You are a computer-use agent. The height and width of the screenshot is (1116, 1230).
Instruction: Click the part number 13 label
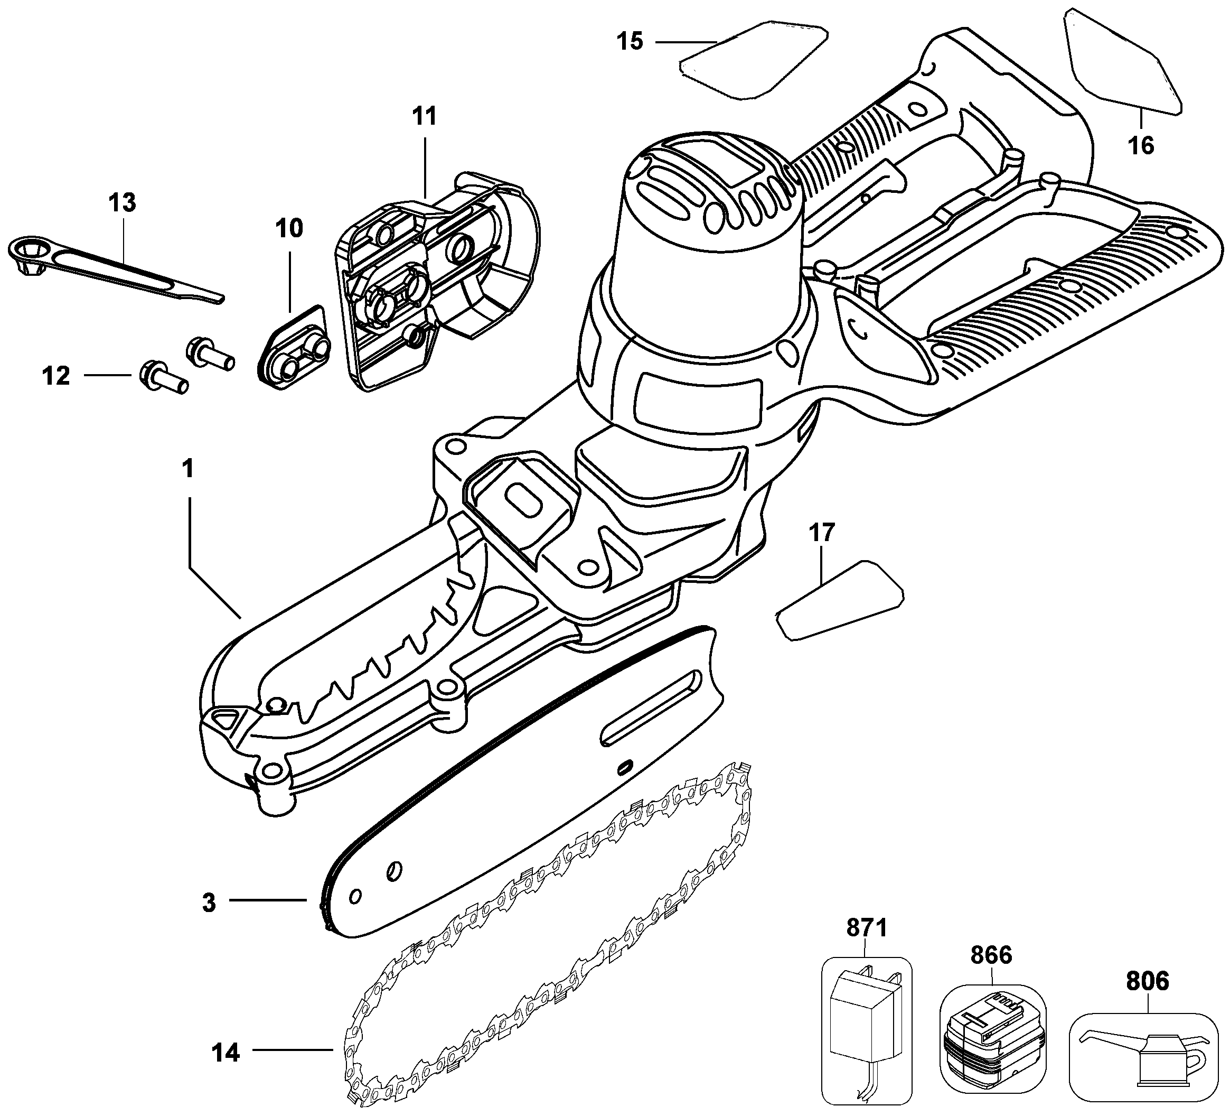point(122,203)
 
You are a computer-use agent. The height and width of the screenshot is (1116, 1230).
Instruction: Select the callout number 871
point(866,928)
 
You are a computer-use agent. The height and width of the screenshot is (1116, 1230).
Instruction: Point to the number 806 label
point(1148,981)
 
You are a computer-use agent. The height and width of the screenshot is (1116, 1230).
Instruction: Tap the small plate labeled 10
point(296,348)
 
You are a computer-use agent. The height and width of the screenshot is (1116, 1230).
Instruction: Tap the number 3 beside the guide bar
point(209,903)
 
